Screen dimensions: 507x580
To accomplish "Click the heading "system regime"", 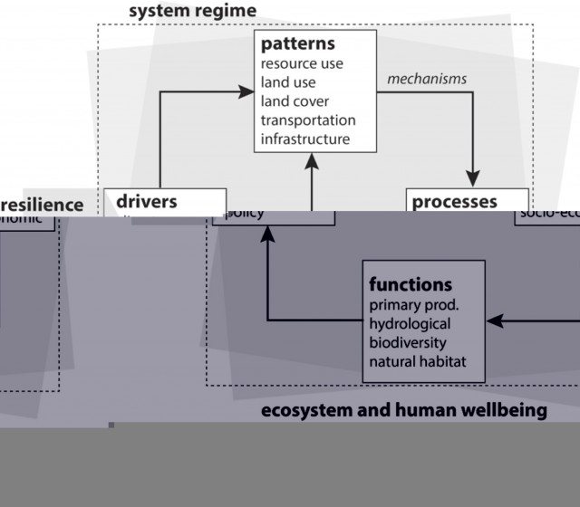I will (x=192, y=11).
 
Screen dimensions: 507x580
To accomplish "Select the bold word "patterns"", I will (x=297, y=43).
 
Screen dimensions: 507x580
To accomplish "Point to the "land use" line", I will (x=288, y=82).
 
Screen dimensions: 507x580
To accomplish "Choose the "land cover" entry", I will (x=295, y=101).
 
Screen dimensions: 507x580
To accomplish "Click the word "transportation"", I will (x=308, y=120).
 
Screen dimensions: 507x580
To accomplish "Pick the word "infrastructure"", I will (x=304, y=139).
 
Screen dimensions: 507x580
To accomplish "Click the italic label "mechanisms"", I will (x=427, y=79).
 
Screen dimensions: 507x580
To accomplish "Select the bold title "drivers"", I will (x=146, y=201).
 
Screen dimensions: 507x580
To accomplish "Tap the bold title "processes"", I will (x=454, y=202).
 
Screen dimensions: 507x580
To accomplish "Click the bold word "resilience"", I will (x=42, y=205).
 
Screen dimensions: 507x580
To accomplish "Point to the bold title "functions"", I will (x=411, y=284).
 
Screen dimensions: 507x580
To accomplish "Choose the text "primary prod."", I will (x=413, y=304).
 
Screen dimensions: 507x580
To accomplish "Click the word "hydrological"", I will (x=410, y=323).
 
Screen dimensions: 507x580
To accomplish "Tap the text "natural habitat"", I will (x=417, y=362).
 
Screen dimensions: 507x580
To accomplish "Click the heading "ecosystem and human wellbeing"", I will (x=404, y=410).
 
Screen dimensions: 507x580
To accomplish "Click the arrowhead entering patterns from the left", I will (x=246, y=91).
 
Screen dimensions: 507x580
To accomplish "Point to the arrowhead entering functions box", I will (x=493, y=320).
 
